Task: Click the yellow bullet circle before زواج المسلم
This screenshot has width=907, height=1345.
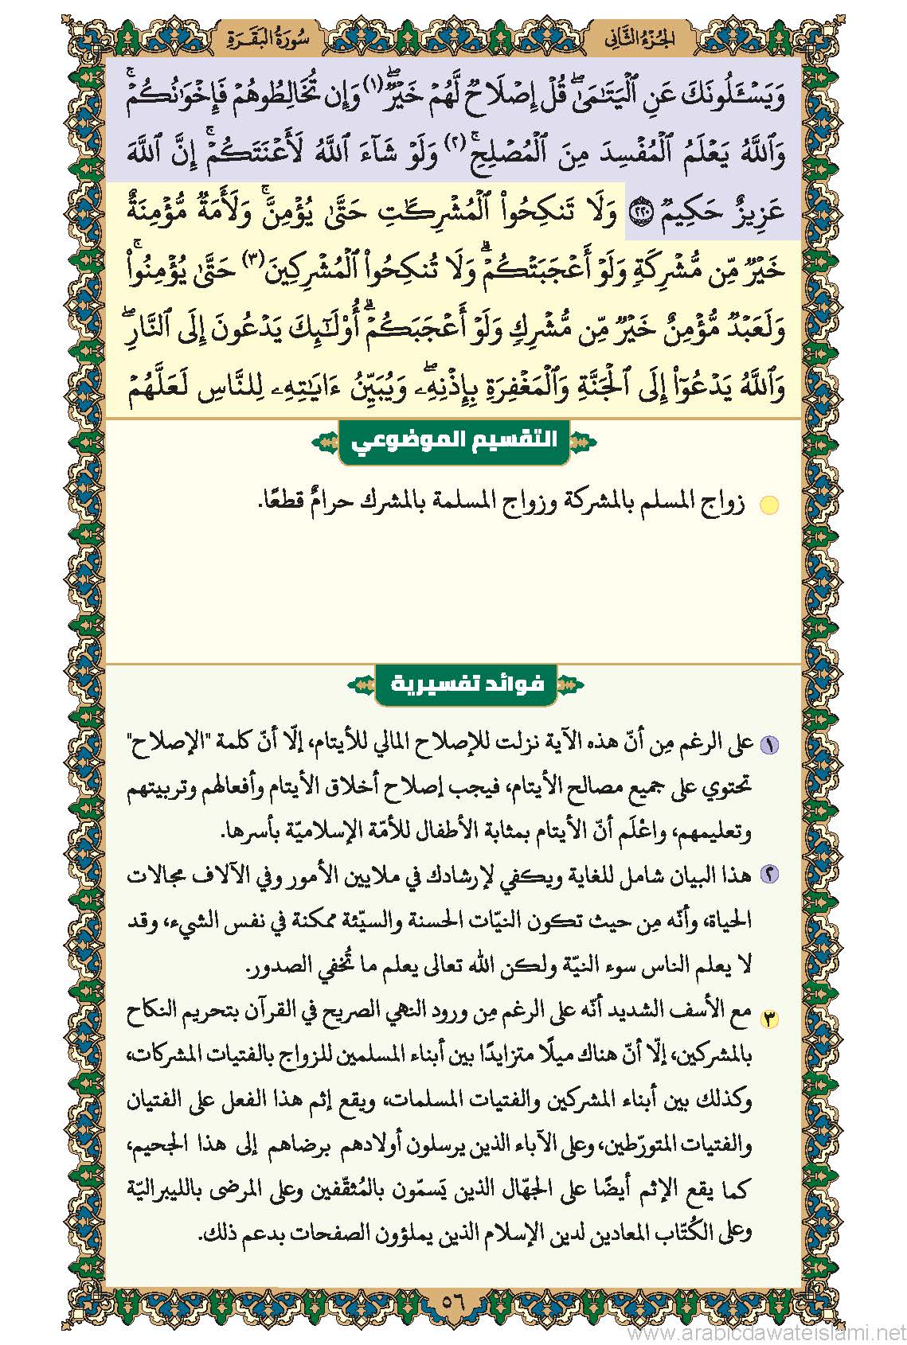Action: point(768,505)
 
